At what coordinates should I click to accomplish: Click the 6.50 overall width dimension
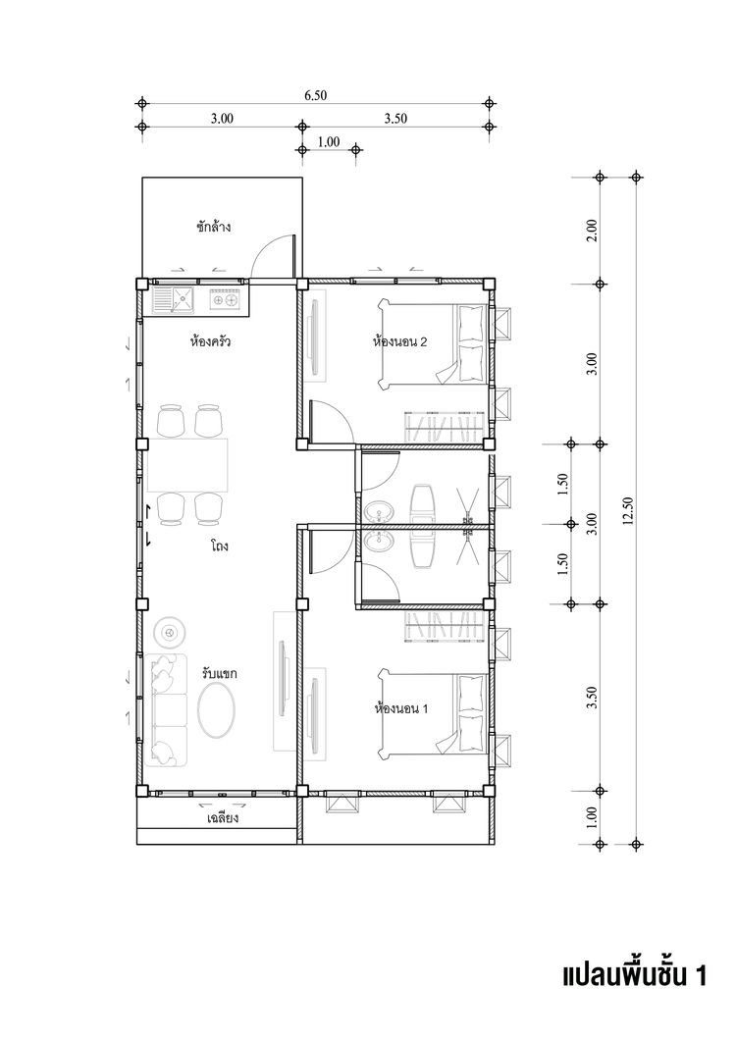(x=316, y=95)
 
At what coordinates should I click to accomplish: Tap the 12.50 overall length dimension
(x=628, y=511)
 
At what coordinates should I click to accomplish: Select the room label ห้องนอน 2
(x=399, y=342)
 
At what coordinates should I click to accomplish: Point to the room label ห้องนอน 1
(x=400, y=709)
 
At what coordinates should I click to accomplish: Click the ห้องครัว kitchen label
(x=210, y=343)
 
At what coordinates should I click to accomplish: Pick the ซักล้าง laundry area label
(x=214, y=227)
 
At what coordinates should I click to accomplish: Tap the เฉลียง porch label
(x=223, y=818)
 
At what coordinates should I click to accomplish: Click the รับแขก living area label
(x=220, y=674)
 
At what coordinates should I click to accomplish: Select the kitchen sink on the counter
(x=174, y=300)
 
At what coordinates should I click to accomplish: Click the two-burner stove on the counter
(x=225, y=299)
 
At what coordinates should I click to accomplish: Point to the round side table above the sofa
(x=168, y=634)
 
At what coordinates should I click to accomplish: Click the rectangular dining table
(x=187, y=465)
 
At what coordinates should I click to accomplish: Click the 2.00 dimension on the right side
(x=593, y=231)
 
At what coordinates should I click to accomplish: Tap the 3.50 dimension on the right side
(x=593, y=697)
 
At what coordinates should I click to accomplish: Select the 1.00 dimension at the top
(x=329, y=141)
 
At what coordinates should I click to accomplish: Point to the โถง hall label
(x=220, y=546)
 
